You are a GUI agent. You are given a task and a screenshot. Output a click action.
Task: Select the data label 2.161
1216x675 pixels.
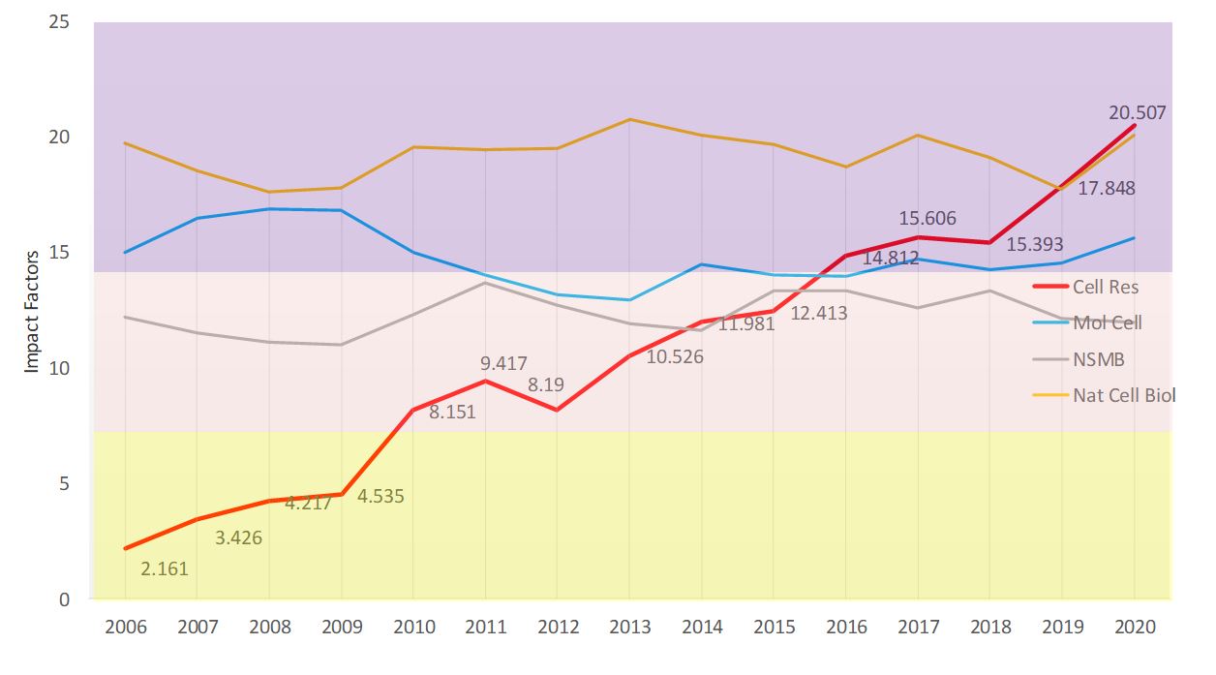(165, 568)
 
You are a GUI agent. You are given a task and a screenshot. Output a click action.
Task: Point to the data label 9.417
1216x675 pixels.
(503, 364)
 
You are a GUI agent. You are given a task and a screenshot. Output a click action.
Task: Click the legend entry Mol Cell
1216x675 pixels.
(1107, 322)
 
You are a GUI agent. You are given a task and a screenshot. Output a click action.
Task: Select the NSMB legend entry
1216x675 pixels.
(1097, 359)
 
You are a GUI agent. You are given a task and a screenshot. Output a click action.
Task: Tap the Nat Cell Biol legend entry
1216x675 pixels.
(1123, 395)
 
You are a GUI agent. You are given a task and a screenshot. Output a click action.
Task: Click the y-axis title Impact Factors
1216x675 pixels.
(32, 311)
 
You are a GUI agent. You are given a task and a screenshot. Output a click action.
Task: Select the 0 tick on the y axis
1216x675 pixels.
(64, 599)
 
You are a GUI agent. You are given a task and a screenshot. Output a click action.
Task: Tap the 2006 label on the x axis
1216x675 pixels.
(126, 627)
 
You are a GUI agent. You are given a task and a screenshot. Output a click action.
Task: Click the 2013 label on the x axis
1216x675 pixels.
(630, 627)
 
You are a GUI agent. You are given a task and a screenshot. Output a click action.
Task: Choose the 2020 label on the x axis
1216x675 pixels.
(1135, 627)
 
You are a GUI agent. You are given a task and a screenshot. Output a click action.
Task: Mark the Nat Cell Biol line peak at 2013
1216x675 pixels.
(630, 119)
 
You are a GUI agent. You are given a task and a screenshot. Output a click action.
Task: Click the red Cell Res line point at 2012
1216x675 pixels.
(558, 410)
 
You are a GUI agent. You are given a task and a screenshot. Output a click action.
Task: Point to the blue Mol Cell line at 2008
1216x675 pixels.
(269, 208)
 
